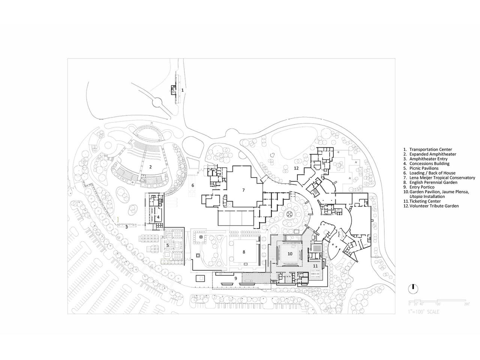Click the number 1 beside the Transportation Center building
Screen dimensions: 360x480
[183, 90]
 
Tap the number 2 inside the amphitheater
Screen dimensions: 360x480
[150, 166]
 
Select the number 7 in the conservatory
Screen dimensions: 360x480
[243, 190]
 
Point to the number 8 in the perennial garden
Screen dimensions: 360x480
[244, 252]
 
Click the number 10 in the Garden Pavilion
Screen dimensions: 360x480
[290, 253]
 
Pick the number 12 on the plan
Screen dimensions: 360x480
[296, 168]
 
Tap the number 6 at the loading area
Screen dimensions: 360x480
[193, 185]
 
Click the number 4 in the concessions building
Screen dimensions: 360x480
[158, 217]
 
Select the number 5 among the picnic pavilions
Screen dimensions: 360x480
[168, 245]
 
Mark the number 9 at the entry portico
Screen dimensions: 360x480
[236, 278]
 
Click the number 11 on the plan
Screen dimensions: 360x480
[315, 266]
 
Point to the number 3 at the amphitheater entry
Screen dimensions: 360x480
[127, 227]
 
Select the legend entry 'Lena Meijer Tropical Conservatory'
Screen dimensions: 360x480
[442, 178]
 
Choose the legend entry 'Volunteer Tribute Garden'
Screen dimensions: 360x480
[434, 206]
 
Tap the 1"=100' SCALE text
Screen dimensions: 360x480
[424, 312]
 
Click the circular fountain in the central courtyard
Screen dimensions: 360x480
[290, 214]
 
